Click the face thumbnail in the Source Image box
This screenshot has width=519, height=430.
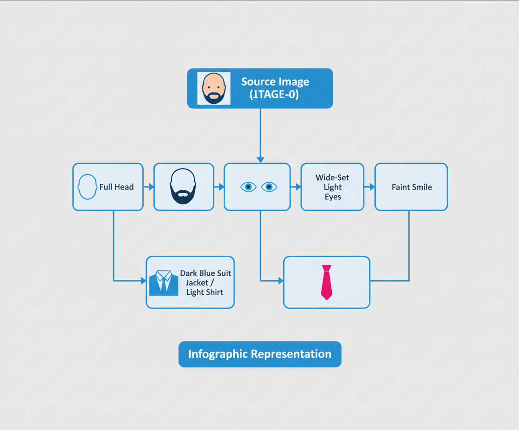pyautogui.click(x=214, y=88)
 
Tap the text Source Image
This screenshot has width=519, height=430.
pyautogui.click(x=275, y=82)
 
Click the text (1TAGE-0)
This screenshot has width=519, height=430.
pyautogui.click(x=274, y=95)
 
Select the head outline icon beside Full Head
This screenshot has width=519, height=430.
pyautogui.click(x=88, y=187)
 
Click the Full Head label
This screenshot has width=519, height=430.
pyautogui.click(x=116, y=187)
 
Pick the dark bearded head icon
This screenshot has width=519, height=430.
pyautogui.click(x=184, y=186)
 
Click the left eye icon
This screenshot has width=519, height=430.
pyautogui.click(x=248, y=187)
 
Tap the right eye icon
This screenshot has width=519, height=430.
pyautogui.click(x=269, y=187)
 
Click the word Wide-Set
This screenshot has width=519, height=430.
pyautogui.click(x=332, y=177)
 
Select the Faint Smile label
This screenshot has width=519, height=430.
pyautogui.click(x=411, y=187)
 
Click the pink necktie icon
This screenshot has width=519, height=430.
pyautogui.click(x=327, y=282)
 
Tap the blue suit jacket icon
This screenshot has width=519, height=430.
pyautogui.click(x=164, y=283)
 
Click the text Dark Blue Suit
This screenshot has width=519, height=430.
pyautogui.click(x=205, y=273)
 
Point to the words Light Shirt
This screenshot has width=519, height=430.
pyautogui.click(x=204, y=292)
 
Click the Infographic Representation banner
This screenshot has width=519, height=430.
pyautogui.click(x=259, y=354)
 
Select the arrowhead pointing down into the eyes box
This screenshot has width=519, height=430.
pyautogui.click(x=260, y=160)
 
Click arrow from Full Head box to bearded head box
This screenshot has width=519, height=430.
pyautogui.click(x=149, y=187)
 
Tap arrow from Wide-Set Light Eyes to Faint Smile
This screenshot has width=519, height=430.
pyautogui.click(x=370, y=187)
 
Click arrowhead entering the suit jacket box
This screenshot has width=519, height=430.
pyautogui.click(x=143, y=280)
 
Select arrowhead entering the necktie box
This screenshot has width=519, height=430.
pyautogui.click(x=280, y=280)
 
